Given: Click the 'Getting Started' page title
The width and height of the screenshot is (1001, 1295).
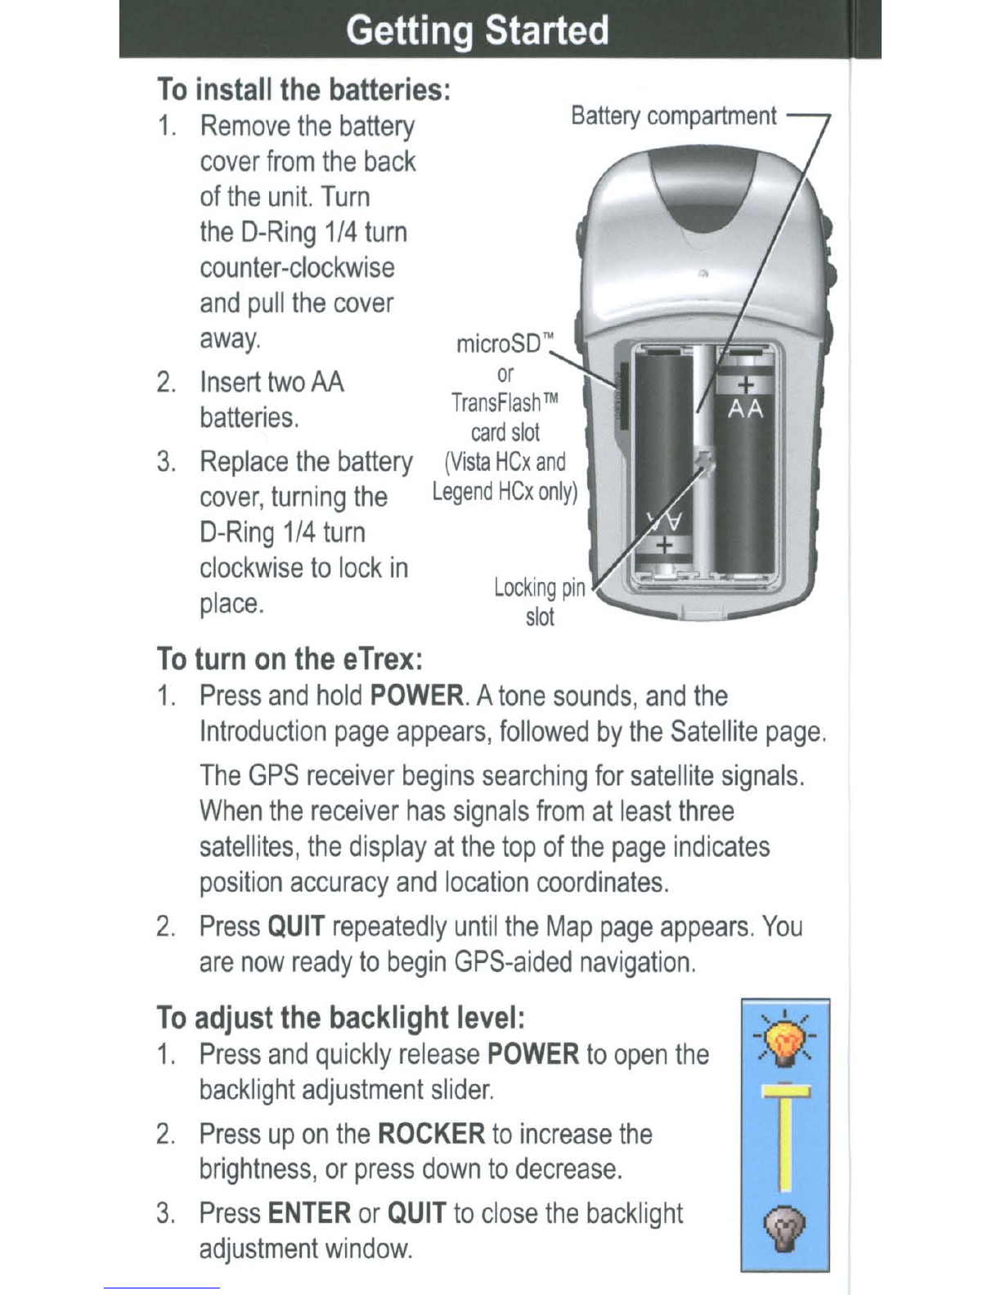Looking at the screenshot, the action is point(477,30).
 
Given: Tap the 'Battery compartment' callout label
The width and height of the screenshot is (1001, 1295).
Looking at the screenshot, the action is point(674,116).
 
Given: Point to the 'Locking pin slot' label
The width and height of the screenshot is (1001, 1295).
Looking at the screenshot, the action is point(540,602).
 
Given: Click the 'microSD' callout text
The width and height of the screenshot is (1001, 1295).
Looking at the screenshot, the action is point(505,344).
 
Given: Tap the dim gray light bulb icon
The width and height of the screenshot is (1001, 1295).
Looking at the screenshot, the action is point(785,1229).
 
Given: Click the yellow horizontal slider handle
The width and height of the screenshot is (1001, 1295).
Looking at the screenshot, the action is point(787,1091).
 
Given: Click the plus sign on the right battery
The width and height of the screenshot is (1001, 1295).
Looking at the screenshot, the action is point(745,385).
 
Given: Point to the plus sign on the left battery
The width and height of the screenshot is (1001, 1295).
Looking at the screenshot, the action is point(665,545).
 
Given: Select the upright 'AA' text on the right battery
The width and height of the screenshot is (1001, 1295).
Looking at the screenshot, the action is point(745,410).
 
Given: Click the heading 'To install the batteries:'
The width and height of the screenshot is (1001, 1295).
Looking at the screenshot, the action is point(304,89).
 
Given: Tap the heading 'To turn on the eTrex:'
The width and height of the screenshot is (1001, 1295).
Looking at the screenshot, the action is point(290,659).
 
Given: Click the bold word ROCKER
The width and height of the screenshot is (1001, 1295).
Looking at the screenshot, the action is point(432,1133).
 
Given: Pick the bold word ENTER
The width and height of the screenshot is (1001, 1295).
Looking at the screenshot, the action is point(309,1212).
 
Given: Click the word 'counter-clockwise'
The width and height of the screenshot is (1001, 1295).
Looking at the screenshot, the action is point(297,267).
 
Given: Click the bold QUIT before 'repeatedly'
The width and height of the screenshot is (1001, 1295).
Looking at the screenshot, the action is point(296,927).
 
